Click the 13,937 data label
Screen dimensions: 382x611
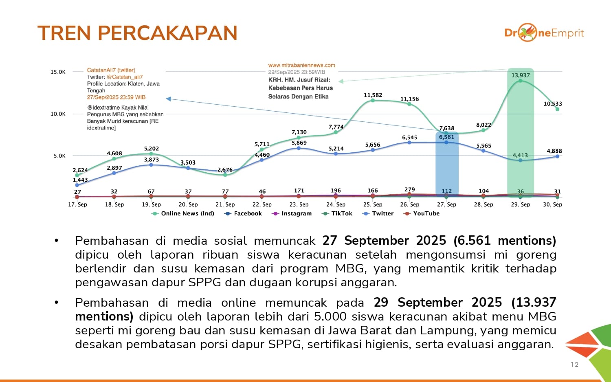tap(521, 75)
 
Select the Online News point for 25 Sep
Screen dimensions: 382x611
tap(373, 100)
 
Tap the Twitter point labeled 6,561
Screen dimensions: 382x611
tap(446, 143)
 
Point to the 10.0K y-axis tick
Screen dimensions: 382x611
tap(58, 114)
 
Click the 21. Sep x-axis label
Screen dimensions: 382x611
tap(225, 204)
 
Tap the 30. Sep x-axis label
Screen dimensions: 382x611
tap(552, 204)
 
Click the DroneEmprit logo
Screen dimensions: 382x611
tap(544, 33)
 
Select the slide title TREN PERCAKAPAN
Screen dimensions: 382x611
tap(137, 33)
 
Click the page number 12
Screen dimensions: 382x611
tap(574, 364)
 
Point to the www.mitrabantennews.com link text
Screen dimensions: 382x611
tap(301, 65)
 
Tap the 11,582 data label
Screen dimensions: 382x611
tap(373, 95)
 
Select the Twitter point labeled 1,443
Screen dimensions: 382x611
tap(77, 185)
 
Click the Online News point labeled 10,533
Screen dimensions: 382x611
tap(557, 109)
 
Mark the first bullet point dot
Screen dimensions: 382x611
tap(57, 241)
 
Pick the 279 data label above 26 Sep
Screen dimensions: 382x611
tap(409, 190)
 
